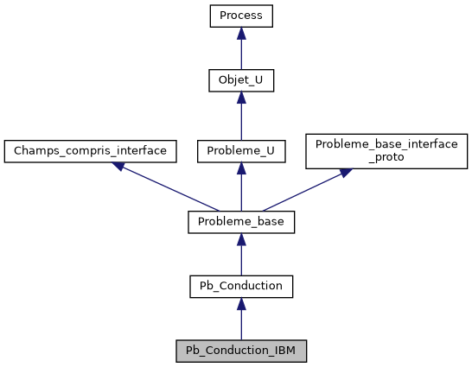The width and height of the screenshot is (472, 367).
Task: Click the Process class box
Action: click(x=241, y=16)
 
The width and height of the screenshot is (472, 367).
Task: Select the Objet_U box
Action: click(x=241, y=81)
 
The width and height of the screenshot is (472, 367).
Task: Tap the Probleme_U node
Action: click(x=241, y=150)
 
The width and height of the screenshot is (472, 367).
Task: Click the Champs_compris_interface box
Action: click(x=90, y=150)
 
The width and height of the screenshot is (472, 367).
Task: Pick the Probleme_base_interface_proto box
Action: click(x=386, y=150)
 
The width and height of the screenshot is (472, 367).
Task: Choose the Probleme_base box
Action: click(x=241, y=222)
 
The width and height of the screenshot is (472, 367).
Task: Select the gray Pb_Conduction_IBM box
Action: click(x=241, y=351)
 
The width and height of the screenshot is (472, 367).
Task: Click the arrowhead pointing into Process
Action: click(x=241, y=33)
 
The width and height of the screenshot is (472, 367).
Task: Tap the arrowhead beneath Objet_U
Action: click(x=241, y=98)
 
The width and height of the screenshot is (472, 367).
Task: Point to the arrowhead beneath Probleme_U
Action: click(x=241, y=168)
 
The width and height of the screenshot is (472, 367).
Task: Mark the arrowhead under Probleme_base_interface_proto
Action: click(x=345, y=173)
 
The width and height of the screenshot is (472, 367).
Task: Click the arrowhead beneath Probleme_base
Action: click(x=241, y=239)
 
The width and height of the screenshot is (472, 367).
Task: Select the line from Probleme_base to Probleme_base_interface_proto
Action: click(x=303, y=192)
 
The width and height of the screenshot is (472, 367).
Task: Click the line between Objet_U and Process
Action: click(x=241, y=54)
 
